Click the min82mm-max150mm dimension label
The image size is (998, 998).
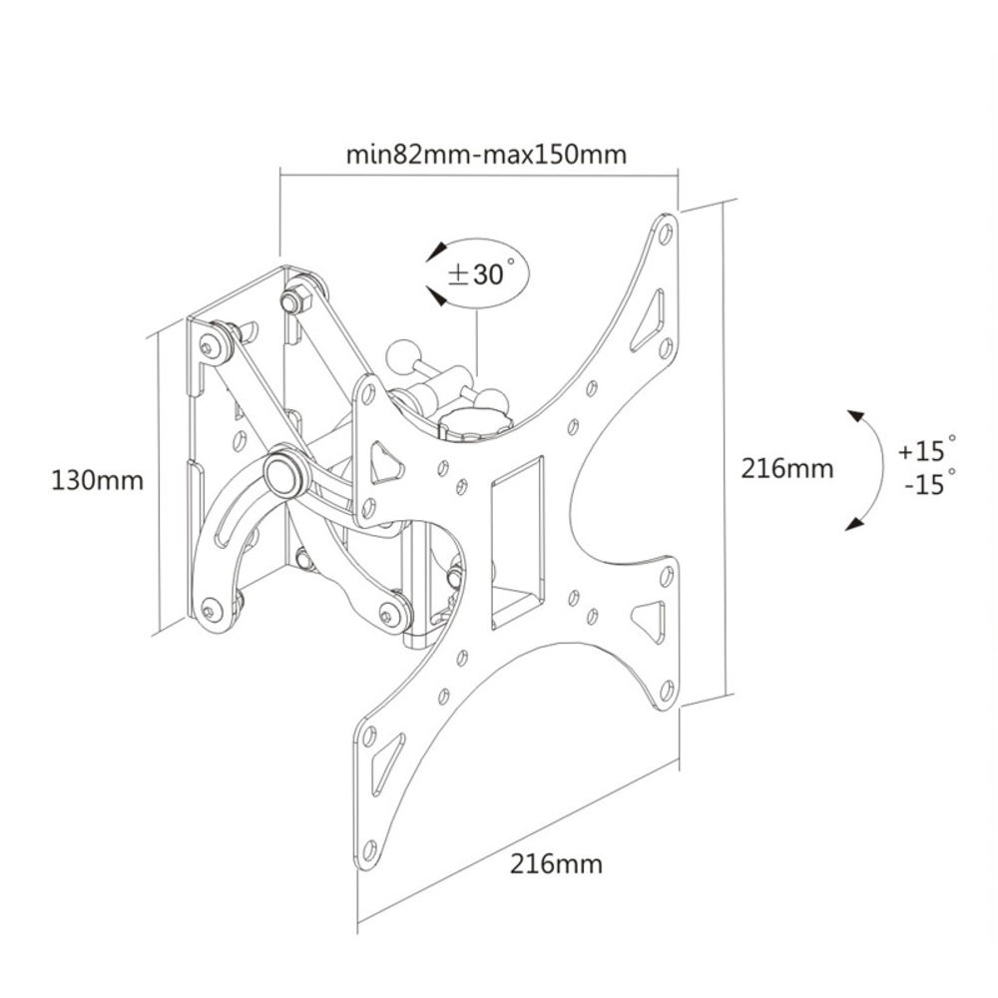(x=486, y=154)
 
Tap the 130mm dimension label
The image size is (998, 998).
(x=97, y=480)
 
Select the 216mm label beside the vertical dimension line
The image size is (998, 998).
(x=787, y=468)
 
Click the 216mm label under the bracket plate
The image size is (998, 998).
(x=556, y=863)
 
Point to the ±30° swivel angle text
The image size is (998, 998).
(x=477, y=274)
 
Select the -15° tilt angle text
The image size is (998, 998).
(x=930, y=484)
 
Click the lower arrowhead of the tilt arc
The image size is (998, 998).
(x=854, y=524)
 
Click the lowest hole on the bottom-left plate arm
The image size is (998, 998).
(x=367, y=850)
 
